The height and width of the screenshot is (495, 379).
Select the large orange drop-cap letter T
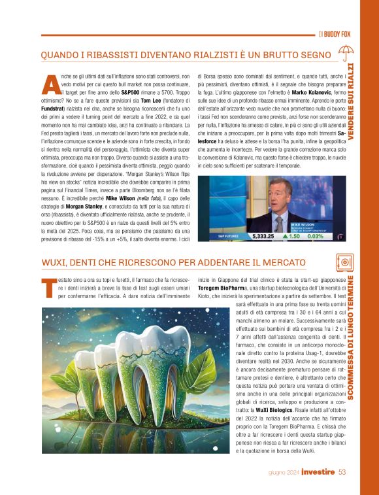[x=46, y=288]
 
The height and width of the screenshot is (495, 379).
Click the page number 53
[x=342, y=472]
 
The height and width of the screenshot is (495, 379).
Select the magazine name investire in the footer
[x=318, y=472]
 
